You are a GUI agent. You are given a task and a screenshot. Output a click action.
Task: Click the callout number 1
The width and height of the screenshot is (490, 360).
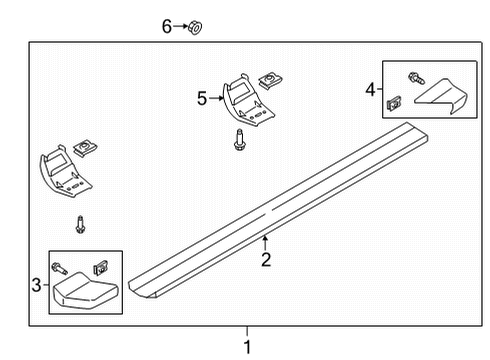point(248,347)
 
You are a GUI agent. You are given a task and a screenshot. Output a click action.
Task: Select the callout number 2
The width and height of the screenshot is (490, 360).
point(266,261)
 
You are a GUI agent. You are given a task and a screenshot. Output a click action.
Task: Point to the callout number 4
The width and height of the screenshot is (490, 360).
point(371,90)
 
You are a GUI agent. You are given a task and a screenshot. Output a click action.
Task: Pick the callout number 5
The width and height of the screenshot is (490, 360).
point(202,98)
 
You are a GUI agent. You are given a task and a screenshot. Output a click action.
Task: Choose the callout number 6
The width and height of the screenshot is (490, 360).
point(167,26)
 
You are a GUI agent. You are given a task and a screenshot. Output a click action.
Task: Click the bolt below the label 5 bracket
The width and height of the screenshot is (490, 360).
point(240,141)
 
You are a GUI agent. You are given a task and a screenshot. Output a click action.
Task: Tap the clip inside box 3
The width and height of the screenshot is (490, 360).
point(100,266)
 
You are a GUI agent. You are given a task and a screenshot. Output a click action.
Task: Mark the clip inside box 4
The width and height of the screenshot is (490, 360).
point(396,102)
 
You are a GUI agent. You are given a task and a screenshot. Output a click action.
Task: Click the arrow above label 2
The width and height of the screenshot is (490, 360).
point(265,242)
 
